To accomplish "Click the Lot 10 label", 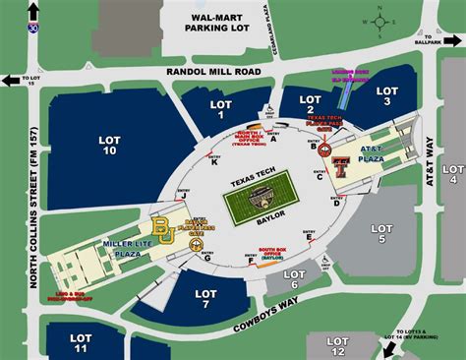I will (109, 147).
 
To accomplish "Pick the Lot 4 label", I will (453, 174).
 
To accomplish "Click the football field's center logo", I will (261, 196).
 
